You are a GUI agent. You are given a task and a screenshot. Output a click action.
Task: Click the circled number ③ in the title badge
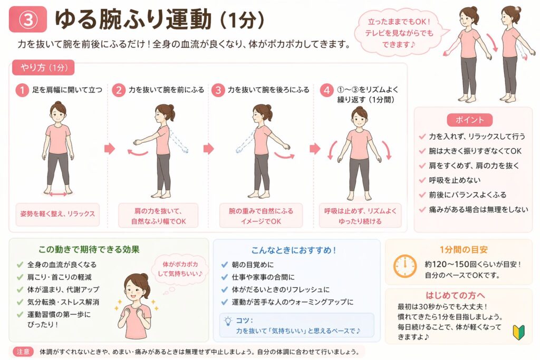27,20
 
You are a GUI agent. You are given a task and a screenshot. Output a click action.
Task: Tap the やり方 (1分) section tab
43,67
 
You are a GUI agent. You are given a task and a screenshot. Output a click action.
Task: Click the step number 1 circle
22,90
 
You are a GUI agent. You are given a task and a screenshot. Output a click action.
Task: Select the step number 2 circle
119,90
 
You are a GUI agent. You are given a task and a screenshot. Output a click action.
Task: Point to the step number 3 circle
218,90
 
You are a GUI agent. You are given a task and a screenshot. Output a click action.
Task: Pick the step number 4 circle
326,90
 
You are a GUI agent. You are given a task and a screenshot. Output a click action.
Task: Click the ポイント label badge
469,120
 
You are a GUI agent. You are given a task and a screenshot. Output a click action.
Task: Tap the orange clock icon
405,266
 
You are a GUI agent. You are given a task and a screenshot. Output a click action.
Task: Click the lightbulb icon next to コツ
228,321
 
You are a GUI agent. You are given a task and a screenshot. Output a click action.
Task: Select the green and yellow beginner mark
519,332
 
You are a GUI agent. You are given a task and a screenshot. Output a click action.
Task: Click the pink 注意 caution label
23,352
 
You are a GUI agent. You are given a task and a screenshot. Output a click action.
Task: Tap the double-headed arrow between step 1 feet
58,195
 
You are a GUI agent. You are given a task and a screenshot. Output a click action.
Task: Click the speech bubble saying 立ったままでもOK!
400,32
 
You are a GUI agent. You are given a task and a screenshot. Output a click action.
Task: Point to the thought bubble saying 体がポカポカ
180,269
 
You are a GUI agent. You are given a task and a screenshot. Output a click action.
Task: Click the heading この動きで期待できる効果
89,249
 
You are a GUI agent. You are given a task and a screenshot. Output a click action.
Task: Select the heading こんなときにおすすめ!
294,250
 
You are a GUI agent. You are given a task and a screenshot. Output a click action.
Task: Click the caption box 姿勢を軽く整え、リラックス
57,214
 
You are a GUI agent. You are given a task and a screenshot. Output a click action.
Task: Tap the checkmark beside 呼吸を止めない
422,180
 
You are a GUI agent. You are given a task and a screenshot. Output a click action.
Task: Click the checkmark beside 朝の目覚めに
225,264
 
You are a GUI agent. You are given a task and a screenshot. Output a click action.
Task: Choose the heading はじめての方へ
455,295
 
